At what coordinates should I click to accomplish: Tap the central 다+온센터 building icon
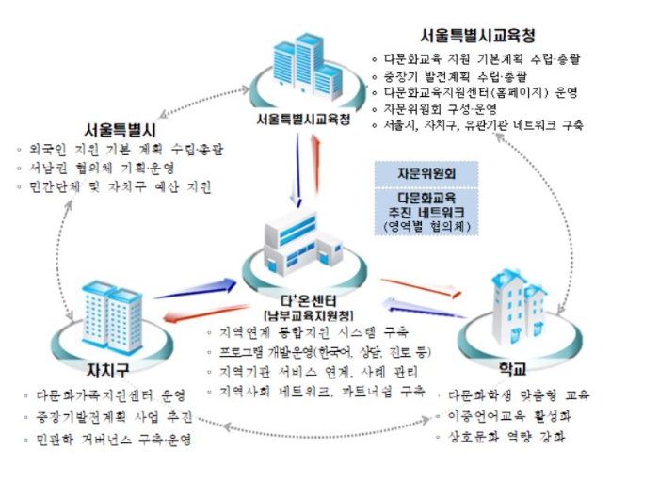299,241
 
